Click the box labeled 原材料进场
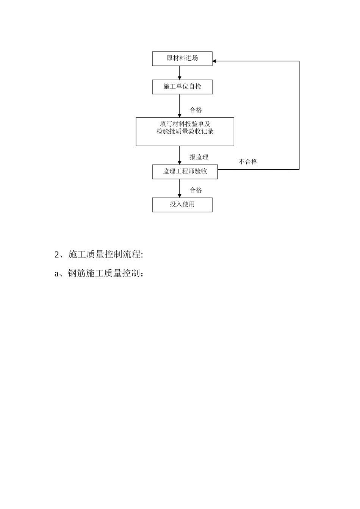182,59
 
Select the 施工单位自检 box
182,87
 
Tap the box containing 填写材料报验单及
185,131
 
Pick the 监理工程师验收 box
185,172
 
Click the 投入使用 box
182,205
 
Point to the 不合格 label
248,162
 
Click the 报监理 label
199,157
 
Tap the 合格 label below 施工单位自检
196,110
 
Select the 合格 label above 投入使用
196,190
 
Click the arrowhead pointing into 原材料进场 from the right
214,61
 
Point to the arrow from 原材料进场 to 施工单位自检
180,73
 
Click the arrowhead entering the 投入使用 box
180,195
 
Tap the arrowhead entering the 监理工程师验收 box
180,162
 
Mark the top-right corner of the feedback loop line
299,61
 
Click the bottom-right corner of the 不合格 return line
299,169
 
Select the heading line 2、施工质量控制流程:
99,254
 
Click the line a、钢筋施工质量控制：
99,273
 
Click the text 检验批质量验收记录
185,131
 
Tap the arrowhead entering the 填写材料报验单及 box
180,116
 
